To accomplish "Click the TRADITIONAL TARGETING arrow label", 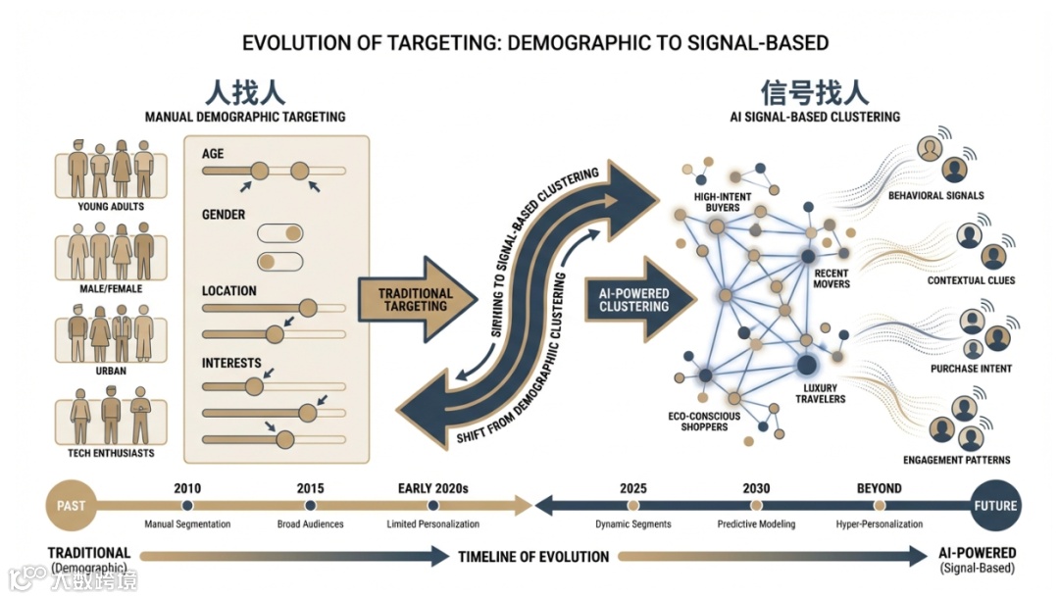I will tap(415, 300).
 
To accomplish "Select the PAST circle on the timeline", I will tap(71, 506).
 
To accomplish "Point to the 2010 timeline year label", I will tap(187, 487).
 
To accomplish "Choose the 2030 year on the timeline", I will tap(755, 487).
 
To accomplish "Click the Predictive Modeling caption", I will tap(755, 524).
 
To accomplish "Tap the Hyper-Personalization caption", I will tap(879, 524).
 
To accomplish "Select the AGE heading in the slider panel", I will tap(213, 153).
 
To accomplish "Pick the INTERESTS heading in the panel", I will tap(231, 363).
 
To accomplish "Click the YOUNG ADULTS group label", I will tap(111, 207).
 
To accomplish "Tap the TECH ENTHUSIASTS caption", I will tap(111, 453).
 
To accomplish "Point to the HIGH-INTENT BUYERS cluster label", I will tap(723, 202).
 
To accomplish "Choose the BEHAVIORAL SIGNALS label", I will tap(935, 196).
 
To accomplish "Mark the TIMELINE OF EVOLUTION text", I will tap(533, 557).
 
